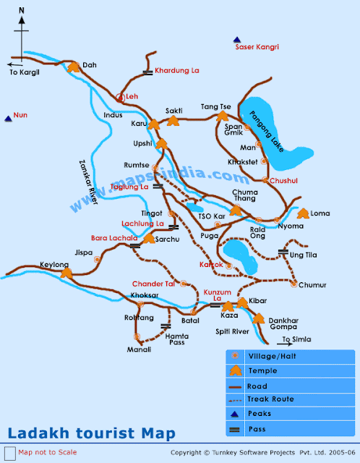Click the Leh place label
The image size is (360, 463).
tap(133, 96)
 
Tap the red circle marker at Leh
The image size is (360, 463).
tap(121, 96)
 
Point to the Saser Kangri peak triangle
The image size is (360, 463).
tap(236, 39)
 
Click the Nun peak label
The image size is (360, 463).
tap(20, 115)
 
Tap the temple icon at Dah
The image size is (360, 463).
tap(73, 67)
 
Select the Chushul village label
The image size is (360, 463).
tap(285, 179)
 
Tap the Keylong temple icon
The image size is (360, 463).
tap(67, 273)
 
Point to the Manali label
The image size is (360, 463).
tap(140, 349)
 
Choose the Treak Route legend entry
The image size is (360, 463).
tap(271, 398)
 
